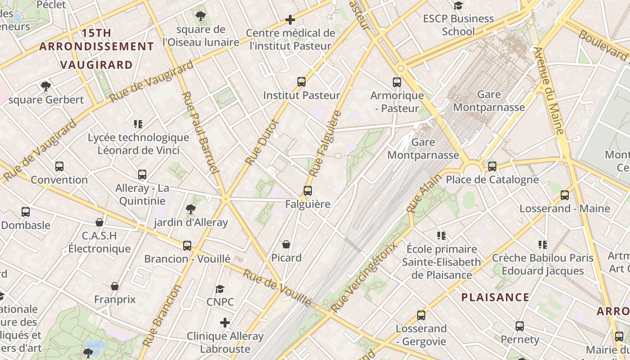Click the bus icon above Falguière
308,191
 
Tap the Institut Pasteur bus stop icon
301,82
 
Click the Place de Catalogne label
492,180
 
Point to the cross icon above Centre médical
290,20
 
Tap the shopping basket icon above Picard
286,244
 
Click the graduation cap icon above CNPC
220,289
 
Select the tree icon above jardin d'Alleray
190,209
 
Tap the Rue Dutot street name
262,142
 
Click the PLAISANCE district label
495,297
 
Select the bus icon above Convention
59,166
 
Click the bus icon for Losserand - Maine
565,195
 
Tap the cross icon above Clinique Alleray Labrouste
225,323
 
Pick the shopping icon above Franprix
115,286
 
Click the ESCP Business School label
458,25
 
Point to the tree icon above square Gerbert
45,86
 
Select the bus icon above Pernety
520,326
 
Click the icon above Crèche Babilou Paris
542,245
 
